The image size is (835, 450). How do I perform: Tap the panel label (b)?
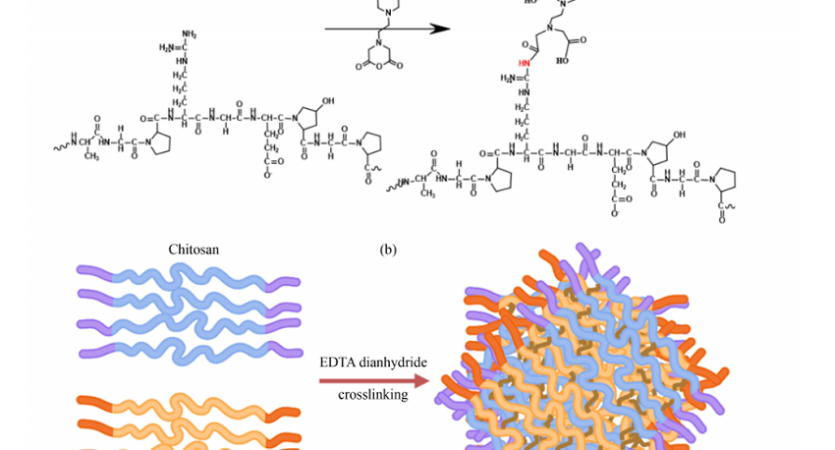(x=387, y=250)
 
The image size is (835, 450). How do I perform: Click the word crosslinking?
(x=372, y=395)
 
